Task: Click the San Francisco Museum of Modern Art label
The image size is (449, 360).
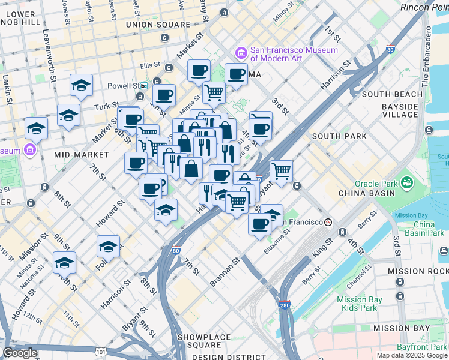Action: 285,54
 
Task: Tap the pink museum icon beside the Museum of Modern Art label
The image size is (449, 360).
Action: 241,53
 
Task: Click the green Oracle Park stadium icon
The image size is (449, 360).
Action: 407,181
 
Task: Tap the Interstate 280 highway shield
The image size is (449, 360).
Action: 285,305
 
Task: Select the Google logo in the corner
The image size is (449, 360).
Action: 20,353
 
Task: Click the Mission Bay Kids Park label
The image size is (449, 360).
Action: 360,304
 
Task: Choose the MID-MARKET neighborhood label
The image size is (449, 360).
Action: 82,155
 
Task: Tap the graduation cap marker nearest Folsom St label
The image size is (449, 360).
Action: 109,247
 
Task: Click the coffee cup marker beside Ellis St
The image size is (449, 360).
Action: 199,71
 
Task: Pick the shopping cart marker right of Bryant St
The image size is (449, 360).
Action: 281,172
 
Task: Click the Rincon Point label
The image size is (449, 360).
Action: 424,7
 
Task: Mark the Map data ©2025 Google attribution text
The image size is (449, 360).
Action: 411,355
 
